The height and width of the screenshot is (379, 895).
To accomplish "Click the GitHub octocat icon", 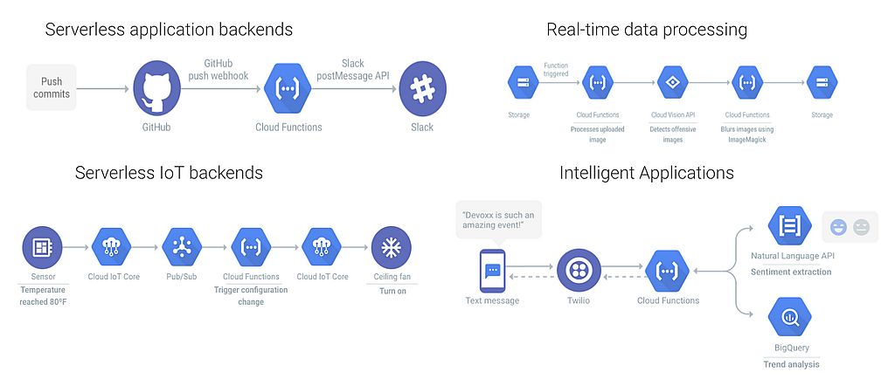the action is point(156,89).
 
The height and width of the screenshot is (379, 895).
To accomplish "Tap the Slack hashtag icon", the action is point(422,89).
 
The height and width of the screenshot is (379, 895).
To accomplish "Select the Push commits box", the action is point(52,88).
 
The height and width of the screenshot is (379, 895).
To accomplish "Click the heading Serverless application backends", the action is point(169,30).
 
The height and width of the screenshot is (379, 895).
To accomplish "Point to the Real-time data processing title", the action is point(647,30).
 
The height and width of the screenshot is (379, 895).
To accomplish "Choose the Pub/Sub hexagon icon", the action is point(182,247).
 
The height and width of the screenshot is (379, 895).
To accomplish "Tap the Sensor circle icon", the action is point(42,247).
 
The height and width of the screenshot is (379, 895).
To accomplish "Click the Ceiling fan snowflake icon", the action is point(391,247).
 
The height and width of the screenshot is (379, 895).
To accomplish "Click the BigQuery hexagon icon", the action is point(790,317).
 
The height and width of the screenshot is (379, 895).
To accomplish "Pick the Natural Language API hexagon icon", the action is point(790,224).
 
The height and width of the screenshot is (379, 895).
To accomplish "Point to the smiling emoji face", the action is point(839,227).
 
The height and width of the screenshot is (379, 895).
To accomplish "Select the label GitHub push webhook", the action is point(219,69).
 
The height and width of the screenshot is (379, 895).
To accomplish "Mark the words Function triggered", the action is point(556,70).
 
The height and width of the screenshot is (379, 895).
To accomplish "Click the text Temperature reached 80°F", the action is point(42,296).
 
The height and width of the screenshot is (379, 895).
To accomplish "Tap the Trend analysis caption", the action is point(791,364).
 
